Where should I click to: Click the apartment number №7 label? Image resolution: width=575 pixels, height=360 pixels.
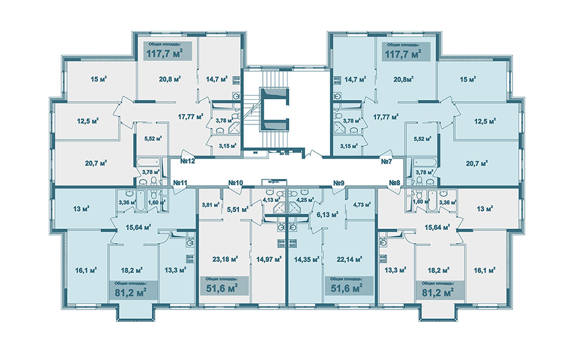[x=387, y=162]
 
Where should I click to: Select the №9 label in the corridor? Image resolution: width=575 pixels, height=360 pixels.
[x=338, y=183]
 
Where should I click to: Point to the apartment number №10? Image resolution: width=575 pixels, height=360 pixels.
[x=235, y=183]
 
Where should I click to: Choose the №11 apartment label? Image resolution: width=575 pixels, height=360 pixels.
[x=180, y=183]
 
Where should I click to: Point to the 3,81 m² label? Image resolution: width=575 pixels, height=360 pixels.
[x=209, y=205]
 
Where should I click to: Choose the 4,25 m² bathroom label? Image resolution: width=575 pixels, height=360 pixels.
[x=304, y=200]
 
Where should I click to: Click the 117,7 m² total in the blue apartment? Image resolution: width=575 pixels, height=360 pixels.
[x=404, y=54]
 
